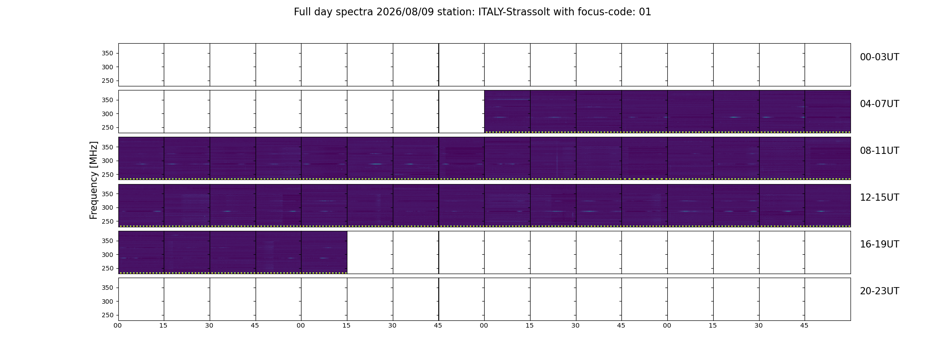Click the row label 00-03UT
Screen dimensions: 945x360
click(879, 57)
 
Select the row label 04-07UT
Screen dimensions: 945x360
click(879, 104)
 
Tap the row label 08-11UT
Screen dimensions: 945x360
click(879, 151)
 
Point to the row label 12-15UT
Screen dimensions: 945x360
click(879, 198)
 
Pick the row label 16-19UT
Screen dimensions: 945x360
click(879, 244)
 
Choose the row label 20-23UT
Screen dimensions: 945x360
click(879, 291)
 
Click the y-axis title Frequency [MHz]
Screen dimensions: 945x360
click(94, 180)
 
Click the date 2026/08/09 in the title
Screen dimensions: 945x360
click(405, 12)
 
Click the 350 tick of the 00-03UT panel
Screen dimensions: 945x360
click(108, 54)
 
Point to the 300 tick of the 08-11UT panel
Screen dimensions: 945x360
click(108, 161)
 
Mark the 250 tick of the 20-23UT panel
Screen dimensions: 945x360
click(108, 315)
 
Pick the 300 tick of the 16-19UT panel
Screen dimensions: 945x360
click(108, 255)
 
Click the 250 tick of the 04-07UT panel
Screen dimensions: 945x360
click(108, 128)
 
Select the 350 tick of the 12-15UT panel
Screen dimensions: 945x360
click(108, 194)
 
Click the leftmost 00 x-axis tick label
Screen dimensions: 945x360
click(117, 325)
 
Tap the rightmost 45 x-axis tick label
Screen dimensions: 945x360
click(804, 325)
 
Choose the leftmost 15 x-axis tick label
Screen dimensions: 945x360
click(163, 325)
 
